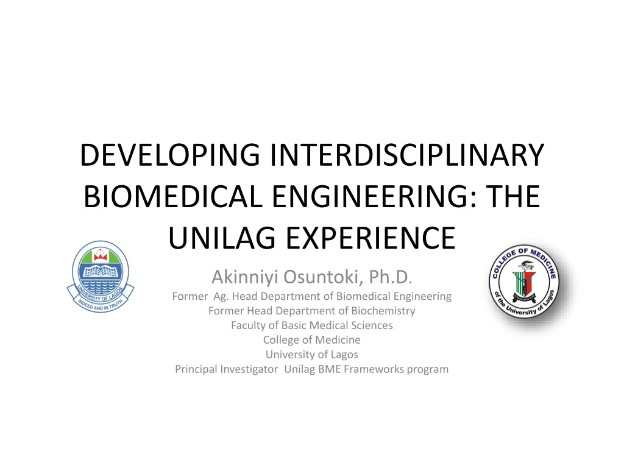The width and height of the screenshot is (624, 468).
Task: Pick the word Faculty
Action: pyautogui.click(x=249, y=325)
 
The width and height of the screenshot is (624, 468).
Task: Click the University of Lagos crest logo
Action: pyautogui.click(x=99, y=278)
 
